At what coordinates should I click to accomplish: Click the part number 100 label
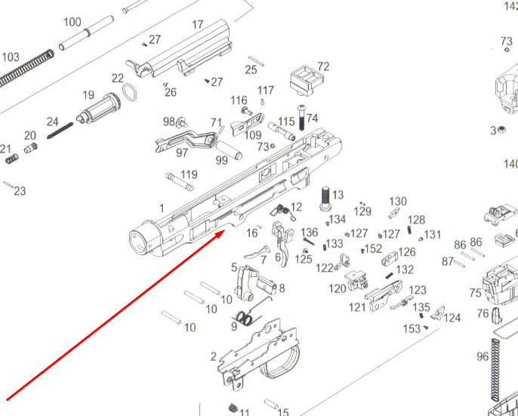(72, 22)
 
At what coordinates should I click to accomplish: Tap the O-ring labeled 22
(129, 92)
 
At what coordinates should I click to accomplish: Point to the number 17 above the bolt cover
(198, 25)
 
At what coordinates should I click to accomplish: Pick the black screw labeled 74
(302, 118)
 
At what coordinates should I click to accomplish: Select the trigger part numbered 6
(283, 243)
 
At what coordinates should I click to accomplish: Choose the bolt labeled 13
(325, 198)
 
